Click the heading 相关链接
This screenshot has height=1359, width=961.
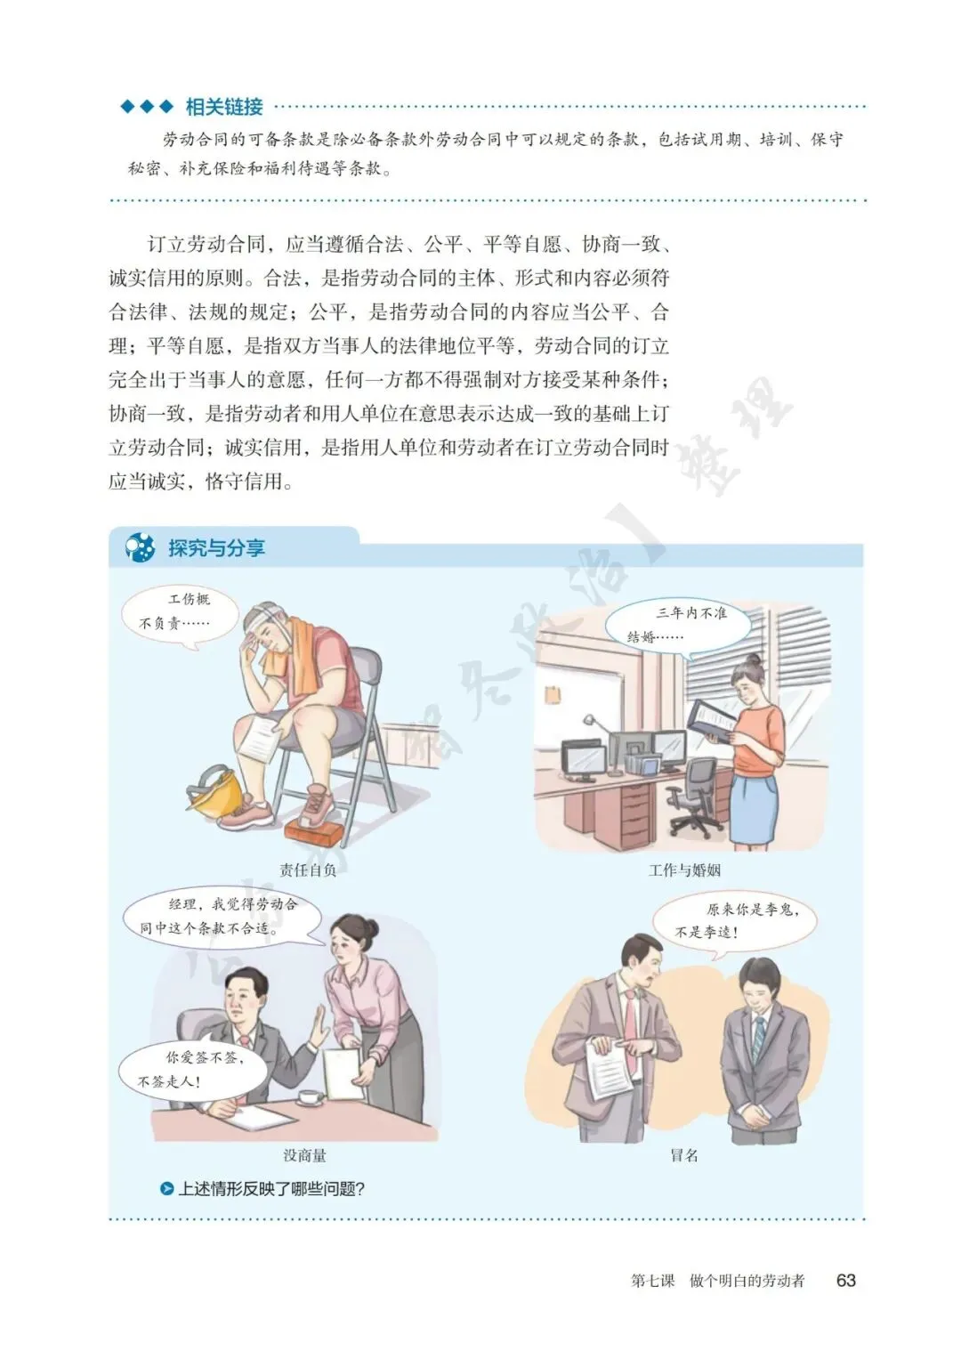(x=224, y=107)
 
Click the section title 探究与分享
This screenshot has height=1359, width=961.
(x=216, y=548)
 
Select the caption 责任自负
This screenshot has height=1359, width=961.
(x=308, y=870)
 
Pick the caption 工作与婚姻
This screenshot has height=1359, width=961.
(x=685, y=870)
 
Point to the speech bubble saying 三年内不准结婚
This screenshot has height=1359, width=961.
(x=678, y=627)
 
